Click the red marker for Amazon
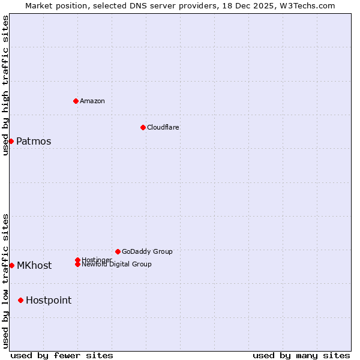coord(76,101)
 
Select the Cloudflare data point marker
coord(143,127)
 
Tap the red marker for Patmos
coord(11,141)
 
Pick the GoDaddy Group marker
coord(118,251)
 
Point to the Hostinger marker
coord(77,260)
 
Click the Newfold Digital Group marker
coord(77,264)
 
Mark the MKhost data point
coord(11,265)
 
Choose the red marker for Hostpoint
coord(21,300)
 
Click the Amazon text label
coord(92,101)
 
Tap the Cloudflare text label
coord(163,127)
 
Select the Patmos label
coord(34,142)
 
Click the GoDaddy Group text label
coord(147,251)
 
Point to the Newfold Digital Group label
coord(116,265)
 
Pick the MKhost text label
coord(34,266)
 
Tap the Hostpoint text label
coord(49,301)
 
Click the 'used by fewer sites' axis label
coord(62,355)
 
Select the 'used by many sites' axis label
coord(301,355)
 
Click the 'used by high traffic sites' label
coord(5,85)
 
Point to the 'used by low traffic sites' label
coord(5,281)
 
